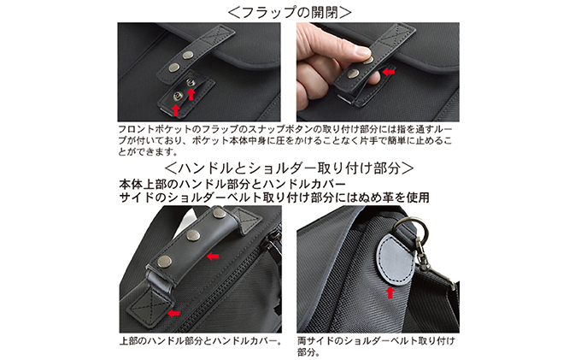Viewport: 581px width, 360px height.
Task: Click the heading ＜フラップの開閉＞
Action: [x=289, y=12]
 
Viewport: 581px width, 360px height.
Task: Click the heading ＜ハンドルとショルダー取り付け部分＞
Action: [x=289, y=168]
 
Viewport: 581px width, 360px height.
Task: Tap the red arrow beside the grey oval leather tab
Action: [x=390, y=292]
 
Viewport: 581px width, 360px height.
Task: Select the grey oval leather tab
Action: [x=395, y=259]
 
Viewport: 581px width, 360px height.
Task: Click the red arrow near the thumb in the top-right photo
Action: [x=388, y=72]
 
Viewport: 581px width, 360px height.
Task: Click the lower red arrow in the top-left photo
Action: [x=176, y=110]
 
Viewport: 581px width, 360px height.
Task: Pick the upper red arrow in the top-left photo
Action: [x=191, y=94]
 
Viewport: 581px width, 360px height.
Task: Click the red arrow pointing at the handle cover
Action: [x=213, y=256]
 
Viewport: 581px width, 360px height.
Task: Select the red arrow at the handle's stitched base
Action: [x=173, y=314]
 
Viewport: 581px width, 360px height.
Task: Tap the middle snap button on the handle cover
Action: [x=193, y=235]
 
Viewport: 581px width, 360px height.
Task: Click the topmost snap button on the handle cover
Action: [x=219, y=213]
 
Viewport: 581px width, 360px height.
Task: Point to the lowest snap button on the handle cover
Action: [x=165, y=262]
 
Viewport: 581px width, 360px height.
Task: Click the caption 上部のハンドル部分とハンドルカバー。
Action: [x=201, y=340]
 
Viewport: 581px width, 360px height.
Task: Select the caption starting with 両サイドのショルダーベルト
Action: [x=376, y=346]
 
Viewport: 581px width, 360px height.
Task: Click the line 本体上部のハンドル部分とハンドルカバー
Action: [x=232, y=184]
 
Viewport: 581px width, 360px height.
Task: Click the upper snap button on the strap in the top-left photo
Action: [x=189, y=56]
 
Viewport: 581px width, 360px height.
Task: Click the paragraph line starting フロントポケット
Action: [x=285, y=129]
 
